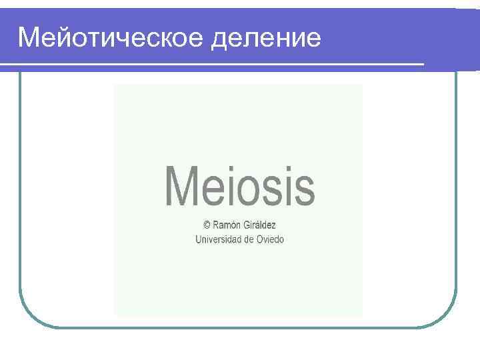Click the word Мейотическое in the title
pyautogui.click(x=111, y=38)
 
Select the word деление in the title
pyautogui.click(x=266, y=38)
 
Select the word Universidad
pyautogui.click(x=217, y=239)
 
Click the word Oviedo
pyautogui.click(x=270, y=239)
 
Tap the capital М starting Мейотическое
pyautogui.click(x=30, y=38)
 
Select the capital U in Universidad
pyautogui.click(x=198, y=239)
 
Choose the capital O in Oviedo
pyautogui.click(x=259, y=239)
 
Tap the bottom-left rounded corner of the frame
pyautogui.click(x=30, y=317)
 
